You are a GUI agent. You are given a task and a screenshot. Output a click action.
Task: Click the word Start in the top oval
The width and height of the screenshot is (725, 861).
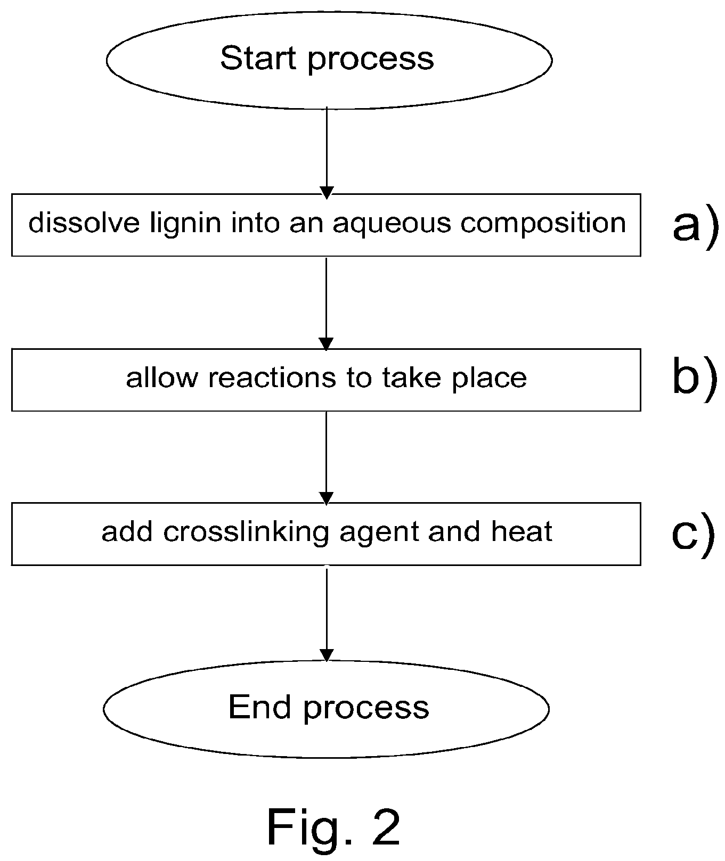[x=259, y=58]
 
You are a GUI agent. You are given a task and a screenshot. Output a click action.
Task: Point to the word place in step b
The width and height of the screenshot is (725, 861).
[x=490, y=378]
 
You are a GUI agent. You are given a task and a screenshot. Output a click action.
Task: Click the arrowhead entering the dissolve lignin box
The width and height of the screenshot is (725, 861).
[x=327, y=192]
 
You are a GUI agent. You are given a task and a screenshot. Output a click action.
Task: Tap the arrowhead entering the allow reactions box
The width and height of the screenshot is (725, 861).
[x=326, y=344]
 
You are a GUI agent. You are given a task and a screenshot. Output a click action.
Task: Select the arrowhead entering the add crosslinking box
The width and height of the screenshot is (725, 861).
[x=326, y=498]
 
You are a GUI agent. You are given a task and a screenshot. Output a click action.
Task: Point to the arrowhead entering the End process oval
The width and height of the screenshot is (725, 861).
[x=327, y=655]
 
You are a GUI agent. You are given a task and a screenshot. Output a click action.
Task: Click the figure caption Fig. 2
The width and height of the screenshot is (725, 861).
[x=333, y=826]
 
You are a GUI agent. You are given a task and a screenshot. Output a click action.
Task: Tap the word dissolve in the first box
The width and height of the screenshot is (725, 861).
[x=84, y=223]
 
